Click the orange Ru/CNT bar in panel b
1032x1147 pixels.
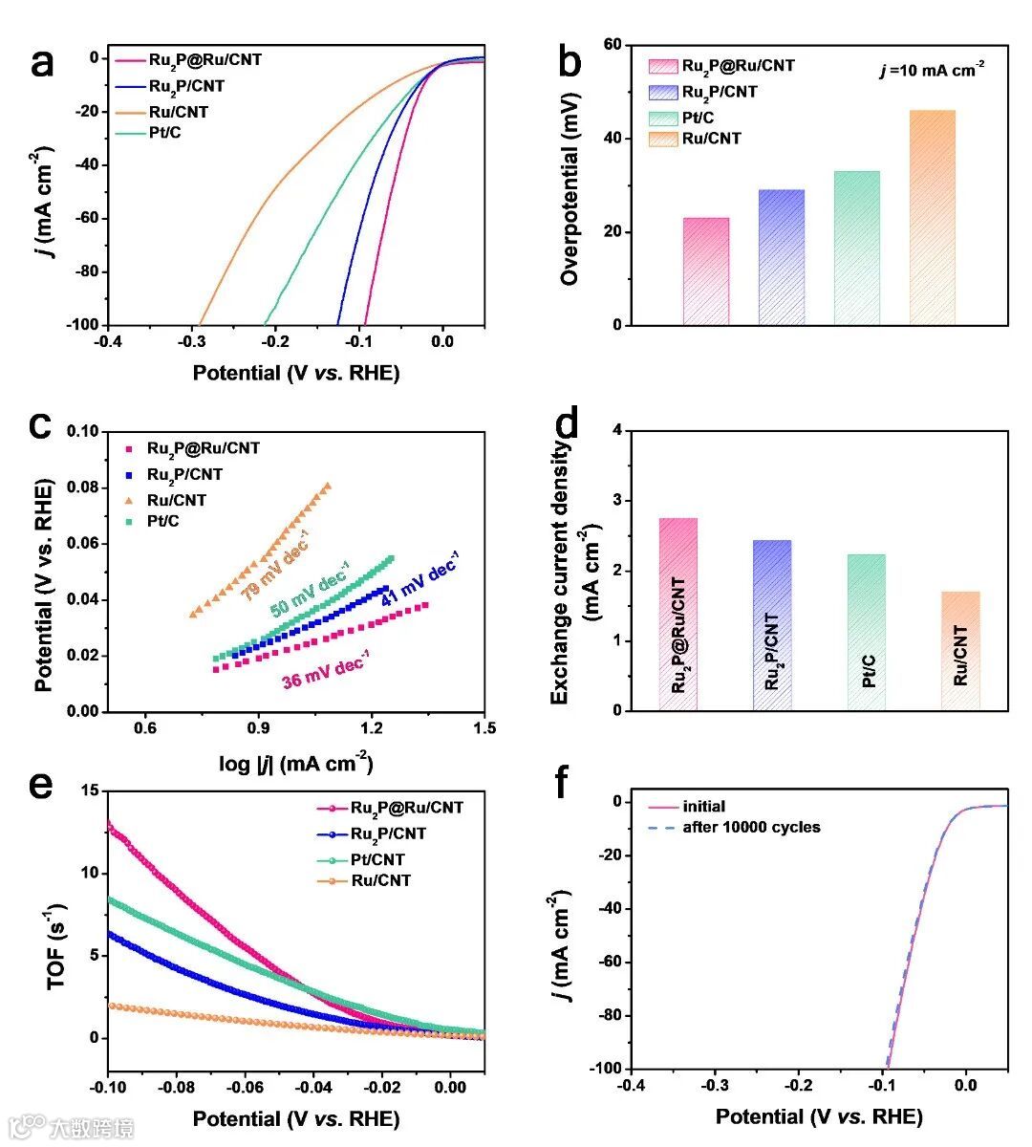pyautogui.click(x=932, y=218)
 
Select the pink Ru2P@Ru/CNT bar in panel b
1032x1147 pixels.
pyautogui.click(x=706, y=271)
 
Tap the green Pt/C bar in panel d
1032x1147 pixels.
pyautogui.click(x=867, y=632)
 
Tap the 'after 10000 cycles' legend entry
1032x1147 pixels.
pyautogui.click(x=751, y=827)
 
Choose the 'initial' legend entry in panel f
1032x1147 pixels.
pyautogui.click(x=703, y=806)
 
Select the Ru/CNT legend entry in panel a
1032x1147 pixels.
pyautogui.click(x=179, y=112)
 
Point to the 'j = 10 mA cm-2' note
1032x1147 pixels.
pyautogui.click(x=932, y=70)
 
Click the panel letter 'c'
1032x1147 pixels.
pyautogui.click(x=41, y=423)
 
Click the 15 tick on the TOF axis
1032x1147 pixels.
pyautogui.click(x=91, y=790)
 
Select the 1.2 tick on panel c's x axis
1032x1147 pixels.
pyautogui.click(x=372, y=727)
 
